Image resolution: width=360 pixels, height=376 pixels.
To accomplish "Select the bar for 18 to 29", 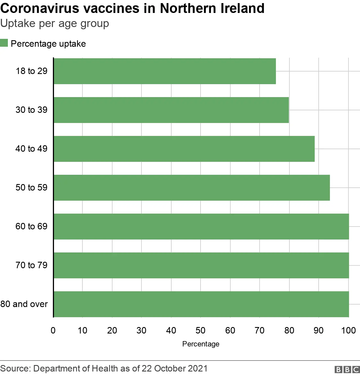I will [165, 71].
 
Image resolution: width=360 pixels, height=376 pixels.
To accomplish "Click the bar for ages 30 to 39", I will [171, 110].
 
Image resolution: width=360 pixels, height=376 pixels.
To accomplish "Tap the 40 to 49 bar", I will [184, 149].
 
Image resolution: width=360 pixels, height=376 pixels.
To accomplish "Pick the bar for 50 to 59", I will [192, 188].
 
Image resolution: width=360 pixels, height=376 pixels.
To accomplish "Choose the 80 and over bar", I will [201, 304].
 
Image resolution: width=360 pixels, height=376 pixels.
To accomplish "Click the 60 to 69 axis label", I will [31, 226].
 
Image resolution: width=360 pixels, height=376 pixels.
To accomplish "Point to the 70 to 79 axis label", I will [31, 265].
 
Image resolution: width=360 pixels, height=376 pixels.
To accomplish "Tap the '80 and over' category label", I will [24, 304].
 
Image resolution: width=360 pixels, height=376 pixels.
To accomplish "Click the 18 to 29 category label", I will [31, 71].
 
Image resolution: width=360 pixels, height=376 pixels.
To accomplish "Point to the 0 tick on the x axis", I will [53, 330].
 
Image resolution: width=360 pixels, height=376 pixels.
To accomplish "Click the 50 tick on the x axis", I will [201, 330].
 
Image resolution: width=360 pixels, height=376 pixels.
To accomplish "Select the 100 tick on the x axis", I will [348, 330].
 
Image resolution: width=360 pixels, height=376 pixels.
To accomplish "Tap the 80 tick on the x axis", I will [289, 330].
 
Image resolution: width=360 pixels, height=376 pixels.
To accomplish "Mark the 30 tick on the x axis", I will [141, 330].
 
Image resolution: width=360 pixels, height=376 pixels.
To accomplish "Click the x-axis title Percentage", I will [201, 344].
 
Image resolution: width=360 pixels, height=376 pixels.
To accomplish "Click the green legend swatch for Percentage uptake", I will [4, 43].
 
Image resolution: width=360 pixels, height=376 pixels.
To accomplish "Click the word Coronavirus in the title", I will [40, 8].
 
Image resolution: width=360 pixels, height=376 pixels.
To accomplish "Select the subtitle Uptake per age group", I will [55, 24].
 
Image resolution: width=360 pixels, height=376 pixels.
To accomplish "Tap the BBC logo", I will [347, 370].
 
